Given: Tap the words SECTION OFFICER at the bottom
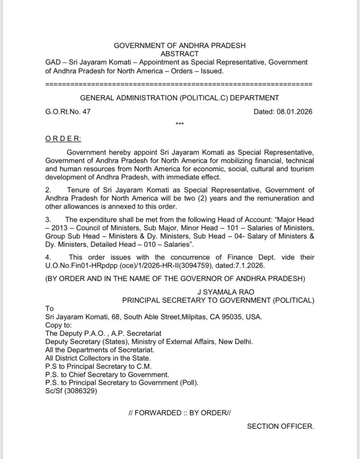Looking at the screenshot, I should (280, 426).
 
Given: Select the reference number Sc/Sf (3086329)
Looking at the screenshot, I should (71, 390).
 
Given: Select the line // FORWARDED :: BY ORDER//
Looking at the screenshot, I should (179, 413).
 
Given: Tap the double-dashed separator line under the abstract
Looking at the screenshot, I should (179, 84).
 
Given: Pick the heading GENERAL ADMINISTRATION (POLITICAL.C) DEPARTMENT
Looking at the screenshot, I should (179, 98).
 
